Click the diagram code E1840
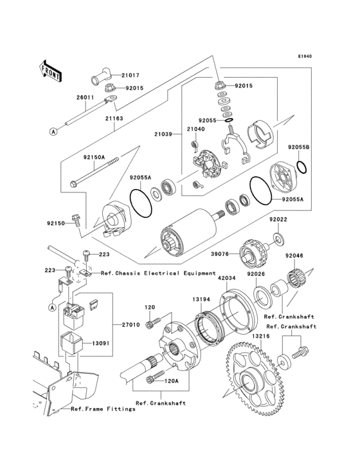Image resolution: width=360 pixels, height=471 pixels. pyautogui.click(x=304, y=56)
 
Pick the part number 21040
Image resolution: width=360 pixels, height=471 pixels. pyautogui.click(x=196, y=129)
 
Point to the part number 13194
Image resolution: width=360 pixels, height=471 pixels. pyautogui.click(x=199, y=299)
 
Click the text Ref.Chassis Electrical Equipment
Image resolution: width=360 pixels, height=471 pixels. pyautogui.click(x=158, y=273)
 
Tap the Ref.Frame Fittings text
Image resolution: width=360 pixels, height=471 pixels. pyautogui.click(x=103, y=409)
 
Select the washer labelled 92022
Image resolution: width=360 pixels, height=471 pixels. pyautogui.click(x=278, y=239)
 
